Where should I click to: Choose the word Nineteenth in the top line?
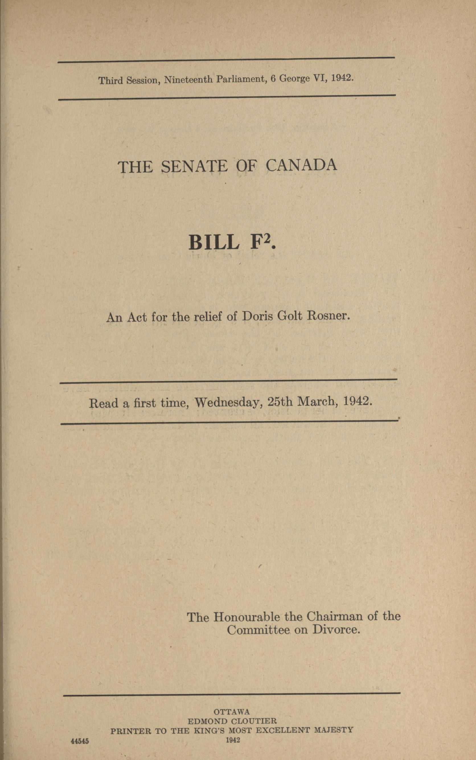(x=188, y=80)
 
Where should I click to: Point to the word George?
(x=294, y=78)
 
